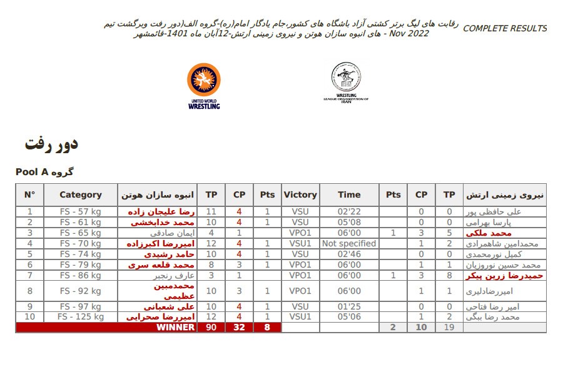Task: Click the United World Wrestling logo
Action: [x=204, y=86]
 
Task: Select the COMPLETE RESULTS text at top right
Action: [x=505, y=29]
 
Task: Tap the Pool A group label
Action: [x=44, y=171]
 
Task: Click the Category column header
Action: [x=81, y=194]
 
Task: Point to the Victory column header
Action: [x=300, y=194]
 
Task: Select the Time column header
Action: [x=349, y=194]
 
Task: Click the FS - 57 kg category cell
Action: [x=81, y=212]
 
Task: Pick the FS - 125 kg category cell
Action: [x=81, y=317]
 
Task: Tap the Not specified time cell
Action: [x=349, y=244]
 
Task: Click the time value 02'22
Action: [x=349, y=212]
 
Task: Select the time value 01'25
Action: [x=349, y=307]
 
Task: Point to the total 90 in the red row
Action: [x=211, y=327]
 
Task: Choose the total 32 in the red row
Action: [x=239, y=327]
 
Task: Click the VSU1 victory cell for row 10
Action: [x=300, y=317]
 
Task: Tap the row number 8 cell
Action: [x=29, y=291]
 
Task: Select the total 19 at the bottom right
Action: [x=449, y=327]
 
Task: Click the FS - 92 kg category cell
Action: [x=81, y=291]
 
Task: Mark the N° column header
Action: [x=29, y=194]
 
